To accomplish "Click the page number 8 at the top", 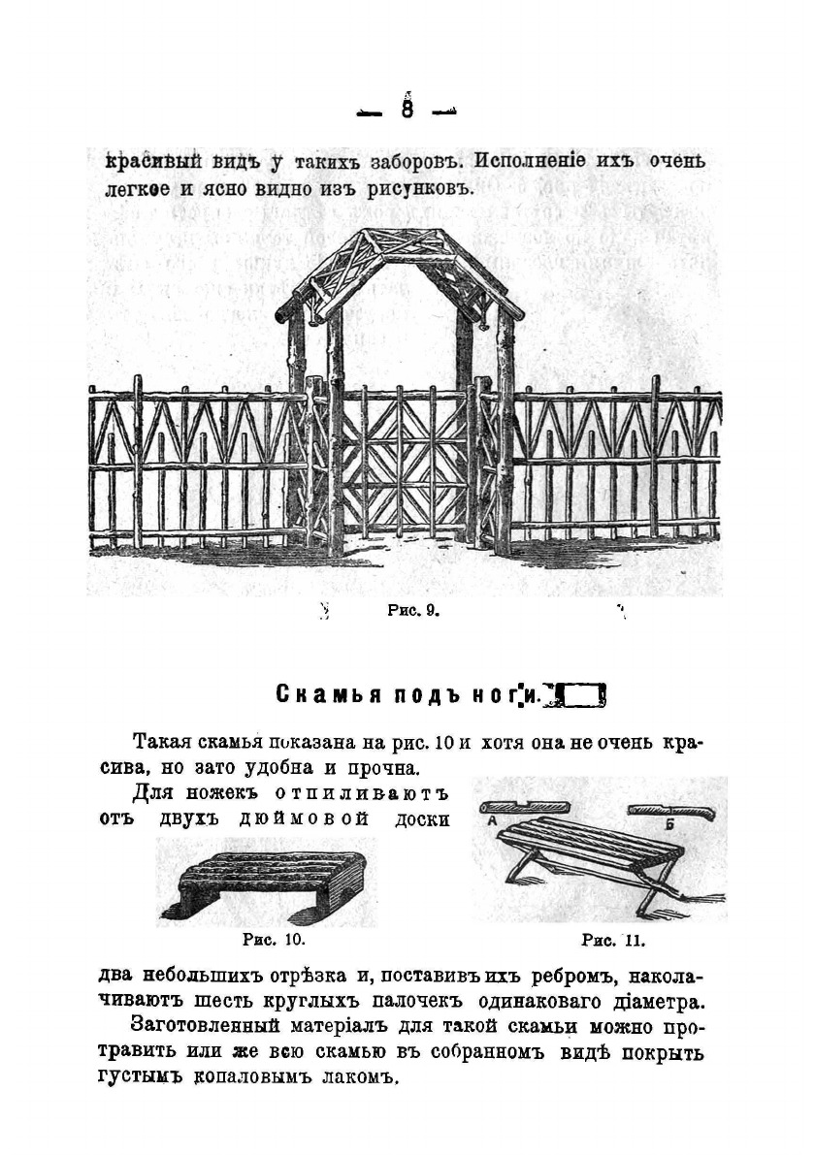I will pos(407,110).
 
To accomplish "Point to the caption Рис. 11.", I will pos(612,940).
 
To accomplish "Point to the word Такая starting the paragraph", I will pos(162,744).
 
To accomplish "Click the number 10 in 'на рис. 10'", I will pos(445,744).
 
